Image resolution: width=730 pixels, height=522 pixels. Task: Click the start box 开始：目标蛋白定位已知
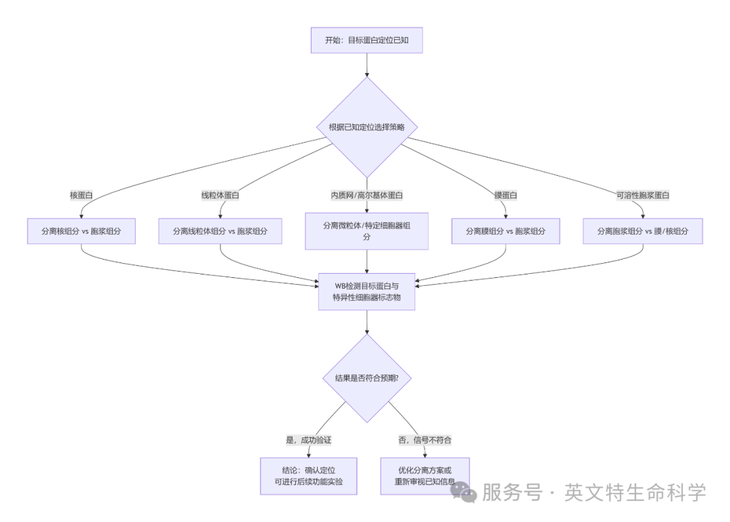coord(366,41)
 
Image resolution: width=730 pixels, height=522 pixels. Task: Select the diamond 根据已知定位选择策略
coord(366,127)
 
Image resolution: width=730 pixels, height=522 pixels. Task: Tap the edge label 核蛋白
coord(81,195)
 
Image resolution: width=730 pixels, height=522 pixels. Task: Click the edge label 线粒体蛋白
coord(220,195)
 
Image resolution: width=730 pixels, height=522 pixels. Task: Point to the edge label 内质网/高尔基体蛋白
coord(366,195)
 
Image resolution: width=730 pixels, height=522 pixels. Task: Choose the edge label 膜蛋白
coord(506,195)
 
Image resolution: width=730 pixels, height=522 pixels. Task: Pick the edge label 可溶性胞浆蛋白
coord(643,195)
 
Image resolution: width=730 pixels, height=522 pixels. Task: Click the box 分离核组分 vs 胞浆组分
coord(81,231)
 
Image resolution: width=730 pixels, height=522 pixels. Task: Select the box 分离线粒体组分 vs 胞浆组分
coord(220,231)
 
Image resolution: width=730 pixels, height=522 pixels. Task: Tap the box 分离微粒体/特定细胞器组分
coord(366,231)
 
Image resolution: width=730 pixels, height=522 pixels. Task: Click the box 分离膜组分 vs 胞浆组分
coord(506,231)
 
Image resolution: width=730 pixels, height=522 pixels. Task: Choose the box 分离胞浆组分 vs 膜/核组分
coord(643,231)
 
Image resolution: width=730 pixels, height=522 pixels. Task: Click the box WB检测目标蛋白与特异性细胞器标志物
coord(366,291)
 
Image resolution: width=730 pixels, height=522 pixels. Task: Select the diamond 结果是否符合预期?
coord(366,379)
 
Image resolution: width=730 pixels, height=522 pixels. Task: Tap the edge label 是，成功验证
coord(309,440)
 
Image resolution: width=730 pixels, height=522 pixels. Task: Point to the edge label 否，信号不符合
coord(424,440)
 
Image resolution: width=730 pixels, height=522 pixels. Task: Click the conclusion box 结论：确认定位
coord(309,476)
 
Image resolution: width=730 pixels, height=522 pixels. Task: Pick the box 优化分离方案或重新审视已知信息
coord(424,476)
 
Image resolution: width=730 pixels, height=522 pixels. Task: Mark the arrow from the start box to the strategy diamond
coord(366,65)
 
